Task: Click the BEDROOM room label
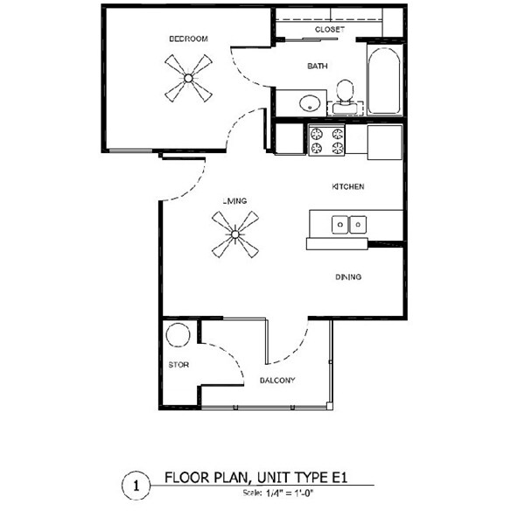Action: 189,38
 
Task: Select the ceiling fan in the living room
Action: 234,234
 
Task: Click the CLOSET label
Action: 329,29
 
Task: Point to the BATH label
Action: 317,66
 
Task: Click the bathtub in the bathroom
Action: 384,80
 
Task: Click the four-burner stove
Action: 326,141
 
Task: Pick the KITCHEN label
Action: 347,187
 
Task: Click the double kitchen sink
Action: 349,225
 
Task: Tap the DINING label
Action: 348,277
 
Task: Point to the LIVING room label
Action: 234,201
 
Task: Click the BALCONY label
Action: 277,380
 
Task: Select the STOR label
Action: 179,364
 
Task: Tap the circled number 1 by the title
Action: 135,482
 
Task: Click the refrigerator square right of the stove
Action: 384,141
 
